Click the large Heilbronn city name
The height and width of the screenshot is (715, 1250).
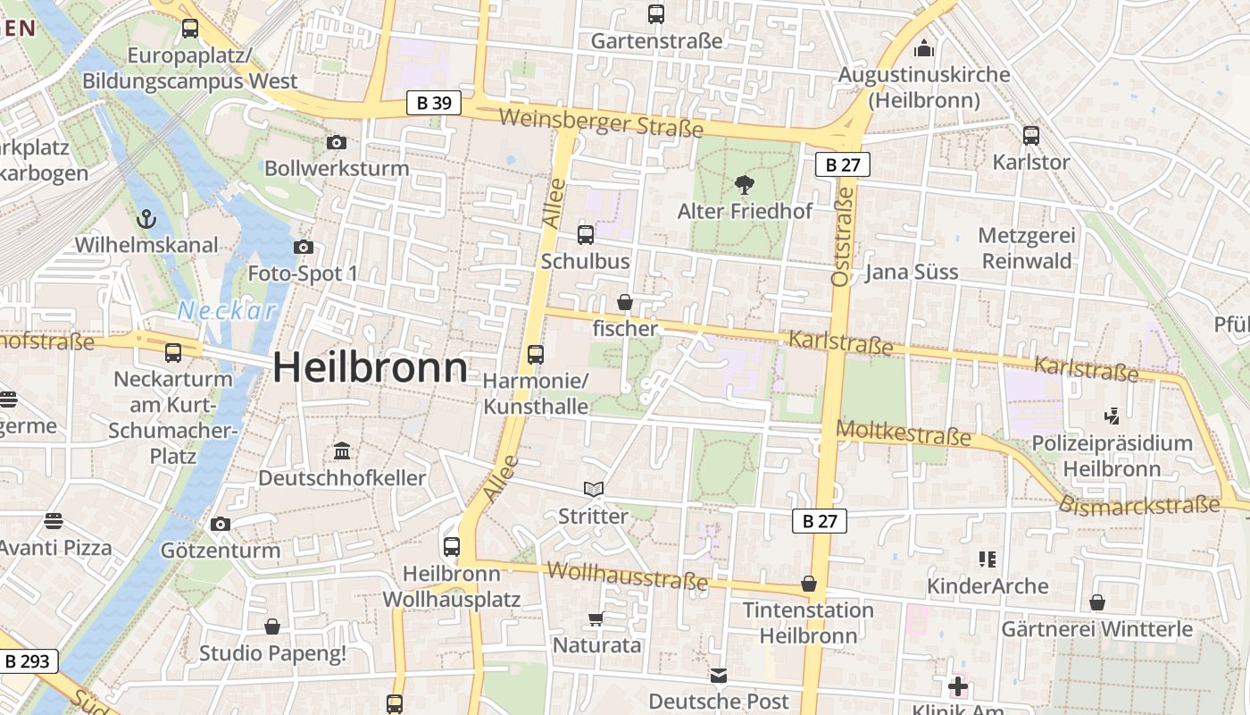[x=370, y=367]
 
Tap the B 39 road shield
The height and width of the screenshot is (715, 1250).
[x=434, y=103]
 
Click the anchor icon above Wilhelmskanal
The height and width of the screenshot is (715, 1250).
[x=146, y=219]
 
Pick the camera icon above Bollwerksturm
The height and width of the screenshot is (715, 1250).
[x=337, y=142]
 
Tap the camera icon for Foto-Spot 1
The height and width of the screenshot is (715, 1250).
[x=303, y=247]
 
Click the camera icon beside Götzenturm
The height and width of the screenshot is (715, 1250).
[x=221, y=524]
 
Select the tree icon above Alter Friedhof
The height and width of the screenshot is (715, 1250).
[x=744, y=186]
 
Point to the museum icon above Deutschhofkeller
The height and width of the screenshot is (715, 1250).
[x=342, y=451]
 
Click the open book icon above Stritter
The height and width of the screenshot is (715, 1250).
[x=594, y=489]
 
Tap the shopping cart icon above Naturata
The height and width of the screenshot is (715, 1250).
[x=596, y=618]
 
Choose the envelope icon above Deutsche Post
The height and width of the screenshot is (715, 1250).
[x=719, y=675]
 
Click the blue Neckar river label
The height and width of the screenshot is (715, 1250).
[x=227, y=311]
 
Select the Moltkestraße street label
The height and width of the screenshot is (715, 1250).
[x=903, y=434]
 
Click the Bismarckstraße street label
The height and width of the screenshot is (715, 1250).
[x=1138, y=505]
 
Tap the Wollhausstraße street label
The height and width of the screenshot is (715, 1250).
[x=628, y=576]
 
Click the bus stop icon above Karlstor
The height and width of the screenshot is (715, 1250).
[x=1031, y=136]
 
